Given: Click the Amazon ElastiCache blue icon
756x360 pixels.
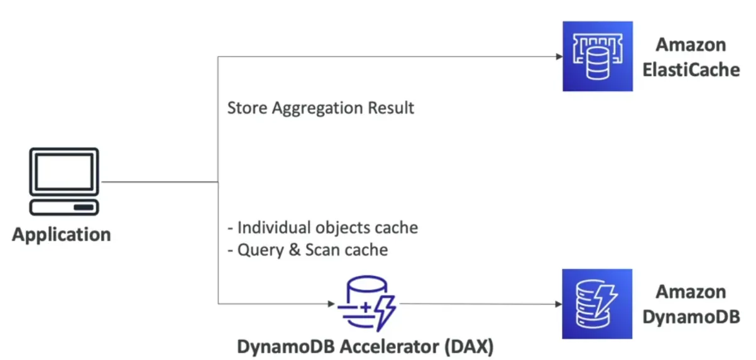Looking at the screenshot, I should (598, 56).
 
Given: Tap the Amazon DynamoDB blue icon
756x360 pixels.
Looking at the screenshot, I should (597, 304).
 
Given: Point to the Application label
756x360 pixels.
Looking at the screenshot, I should (62, 235).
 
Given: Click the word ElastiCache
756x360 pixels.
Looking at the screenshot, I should (691, 69).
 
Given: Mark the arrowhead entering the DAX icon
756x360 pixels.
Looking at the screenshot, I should (332, 304).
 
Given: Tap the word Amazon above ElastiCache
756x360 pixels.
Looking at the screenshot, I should (691, 45).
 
